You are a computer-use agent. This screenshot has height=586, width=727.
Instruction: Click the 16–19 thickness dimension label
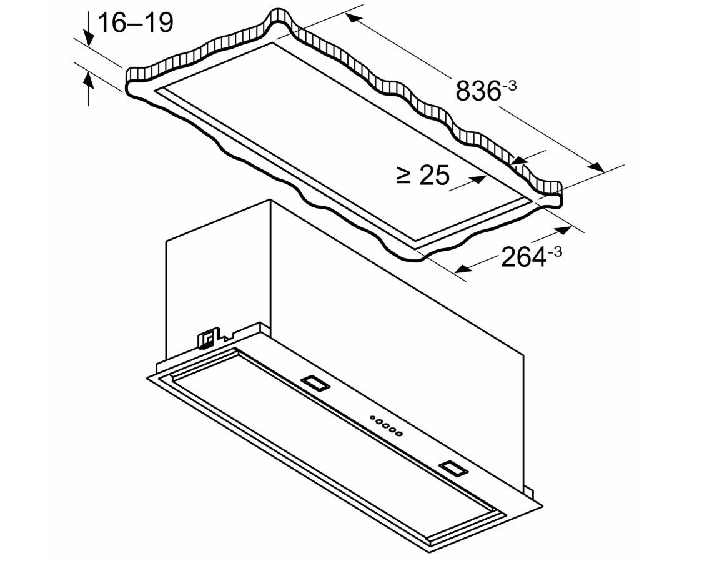pos(136,22)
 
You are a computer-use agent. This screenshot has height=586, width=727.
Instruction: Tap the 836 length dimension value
pos(478,91)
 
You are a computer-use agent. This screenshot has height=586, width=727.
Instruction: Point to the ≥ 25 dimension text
pos(423,175)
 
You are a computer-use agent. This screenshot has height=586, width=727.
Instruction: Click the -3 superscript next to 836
pos(510,86)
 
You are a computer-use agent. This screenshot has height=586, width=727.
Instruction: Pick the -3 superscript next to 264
pos(555,252)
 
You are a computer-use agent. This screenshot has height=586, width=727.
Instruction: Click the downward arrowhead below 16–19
pos(88,37)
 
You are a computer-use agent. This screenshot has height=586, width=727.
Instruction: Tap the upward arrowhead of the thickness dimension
pos(88,80)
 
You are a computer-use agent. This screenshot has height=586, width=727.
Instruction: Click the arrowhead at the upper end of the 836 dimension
pos(354,19)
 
